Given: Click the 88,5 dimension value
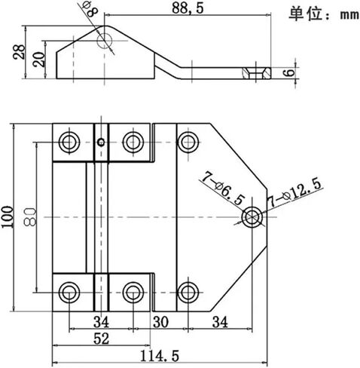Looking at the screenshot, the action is pyautogui.click(x=188, y=8).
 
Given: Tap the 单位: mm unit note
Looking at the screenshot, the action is pyautogui.click(x=324, y=14).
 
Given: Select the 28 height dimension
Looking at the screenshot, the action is pyautogui.click(x=19, y=52).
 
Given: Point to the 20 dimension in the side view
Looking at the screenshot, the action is pyautogui.click(x=40, y=60).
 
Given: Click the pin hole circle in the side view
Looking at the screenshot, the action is pyautogui.click(x=105, y=41).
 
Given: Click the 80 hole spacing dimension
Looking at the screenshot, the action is pyautogui.click(x=30, y=217).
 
